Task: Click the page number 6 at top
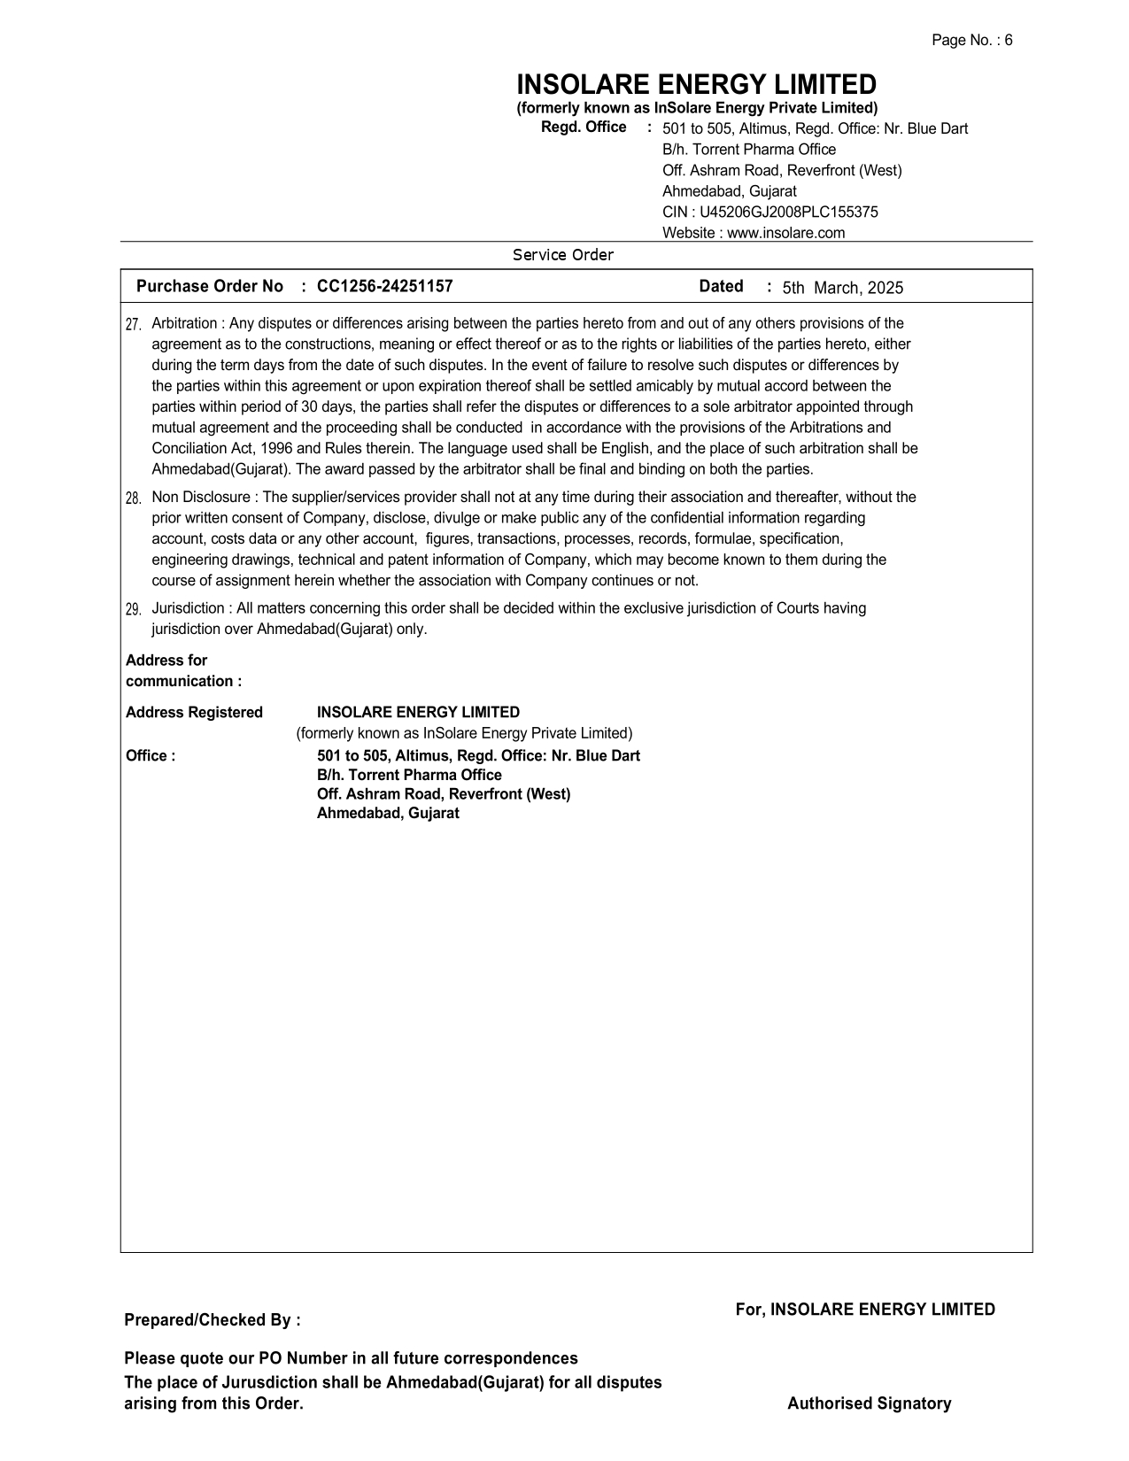point(1008,41)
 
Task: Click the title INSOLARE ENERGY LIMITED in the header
point(696,85)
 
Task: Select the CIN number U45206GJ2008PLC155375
point(788,213)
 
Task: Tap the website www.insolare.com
point(785,234)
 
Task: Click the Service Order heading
point(563,256)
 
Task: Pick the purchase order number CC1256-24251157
point(384,287)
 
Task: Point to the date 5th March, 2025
point(842,288)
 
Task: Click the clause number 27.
point(134,325)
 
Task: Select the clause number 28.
point(134,499)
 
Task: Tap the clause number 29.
point(134,610)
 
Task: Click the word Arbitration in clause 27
point(184,324)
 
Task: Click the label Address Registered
point(194,713)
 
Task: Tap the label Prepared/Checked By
point(212,1321)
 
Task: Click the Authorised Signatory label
point(869,1404)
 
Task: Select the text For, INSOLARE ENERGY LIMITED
point(865,1310)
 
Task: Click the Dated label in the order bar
point(721,287)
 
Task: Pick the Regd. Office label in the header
point(584,128)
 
